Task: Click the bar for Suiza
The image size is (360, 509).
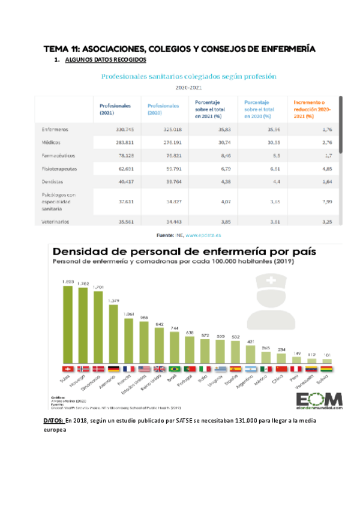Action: click(68, 324)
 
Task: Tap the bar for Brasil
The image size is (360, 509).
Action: click(175, 348)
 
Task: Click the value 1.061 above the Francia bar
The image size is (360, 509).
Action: click(128, 314)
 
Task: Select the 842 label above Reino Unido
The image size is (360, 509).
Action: click(159, 324)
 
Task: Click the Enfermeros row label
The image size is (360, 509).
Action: click(55, 129)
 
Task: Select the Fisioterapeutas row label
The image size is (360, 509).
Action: click(59, 169)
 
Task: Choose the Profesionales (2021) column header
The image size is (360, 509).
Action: click(115, 109)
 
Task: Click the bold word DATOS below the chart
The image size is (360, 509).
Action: click(55, 420)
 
